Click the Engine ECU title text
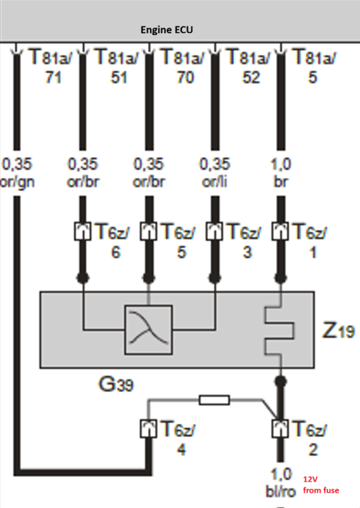click(167, 30)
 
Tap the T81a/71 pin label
click(52, 66)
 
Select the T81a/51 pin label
click(117, 66)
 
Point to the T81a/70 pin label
click(183, 66)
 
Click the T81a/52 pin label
click(249, 66)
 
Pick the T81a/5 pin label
click(315, 66)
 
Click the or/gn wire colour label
click(17, 182)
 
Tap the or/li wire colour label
click(214, 182)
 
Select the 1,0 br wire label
click(281, 173)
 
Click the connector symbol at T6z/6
click(83, 232)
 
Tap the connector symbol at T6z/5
click(148, 232)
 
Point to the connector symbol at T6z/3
click(214, 232)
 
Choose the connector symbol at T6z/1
click(280, 232)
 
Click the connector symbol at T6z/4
click(148, 429)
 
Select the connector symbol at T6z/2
click(280, 429)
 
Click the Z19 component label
click(338, 331)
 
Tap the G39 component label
click(116, 384)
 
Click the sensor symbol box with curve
click(148, 330)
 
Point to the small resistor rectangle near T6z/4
click(214, 400)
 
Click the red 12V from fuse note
click(321, 485)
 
